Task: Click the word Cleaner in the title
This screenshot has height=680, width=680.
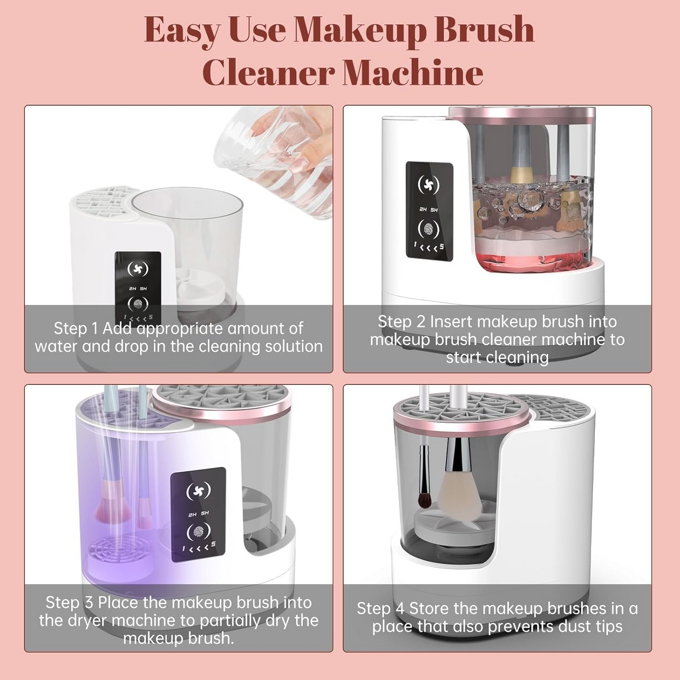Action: tap(268, 73)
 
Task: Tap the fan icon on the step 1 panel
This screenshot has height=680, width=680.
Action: tap(138, 269)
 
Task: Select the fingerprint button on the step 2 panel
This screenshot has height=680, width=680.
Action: tap(428, 229)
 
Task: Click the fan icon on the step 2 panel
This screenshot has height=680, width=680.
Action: tap(428, 185)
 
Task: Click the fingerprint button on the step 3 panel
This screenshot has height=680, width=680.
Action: tap(198, 532)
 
